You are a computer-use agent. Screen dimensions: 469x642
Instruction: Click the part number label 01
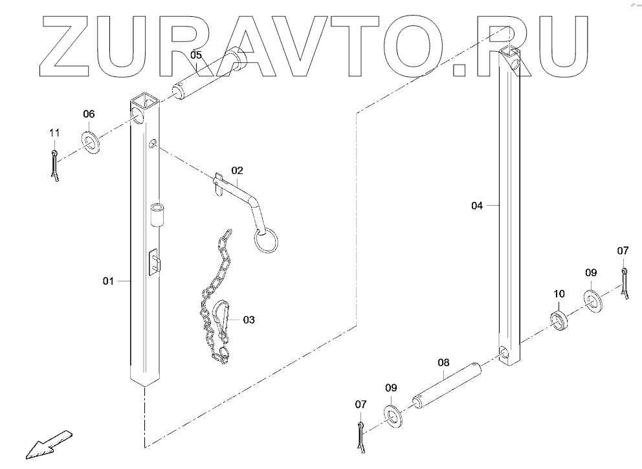point(108,281)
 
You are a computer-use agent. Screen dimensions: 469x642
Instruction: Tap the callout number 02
point(237,171)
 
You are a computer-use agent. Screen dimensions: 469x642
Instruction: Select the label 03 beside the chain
point(249,320)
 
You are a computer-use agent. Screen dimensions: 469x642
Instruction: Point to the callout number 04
point(477,206)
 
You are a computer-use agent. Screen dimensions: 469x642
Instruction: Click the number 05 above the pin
point(196,55)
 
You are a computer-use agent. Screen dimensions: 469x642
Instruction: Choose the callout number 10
point(559,294)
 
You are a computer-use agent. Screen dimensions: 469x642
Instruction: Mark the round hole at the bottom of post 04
point(504,353)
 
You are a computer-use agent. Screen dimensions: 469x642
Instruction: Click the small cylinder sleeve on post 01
point(158,214)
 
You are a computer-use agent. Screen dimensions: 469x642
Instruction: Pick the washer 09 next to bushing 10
point(592,300)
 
